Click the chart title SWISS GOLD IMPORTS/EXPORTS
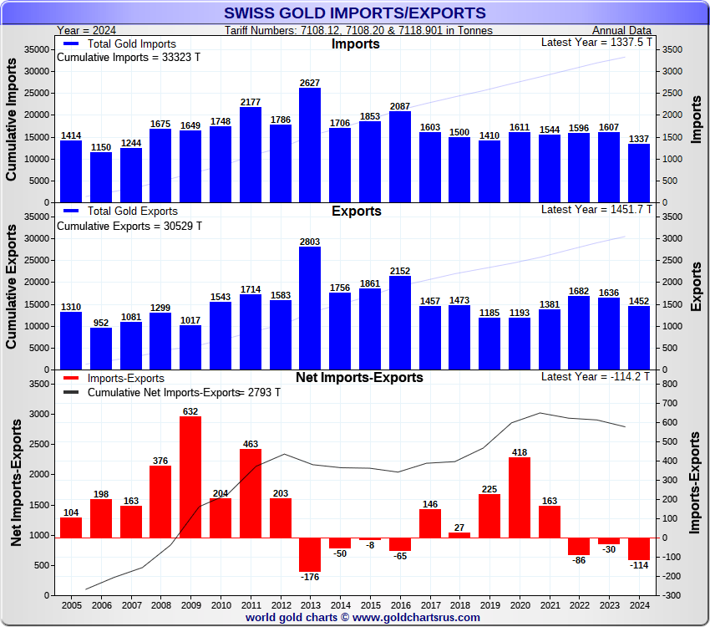[x=355, y=13]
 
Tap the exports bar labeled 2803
[x=310, y=308]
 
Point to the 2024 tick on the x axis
[x=639, y=605]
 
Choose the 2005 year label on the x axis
[x=71, y=605]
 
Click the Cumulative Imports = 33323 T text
[x=129, y=58]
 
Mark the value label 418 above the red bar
[x=520, y=452]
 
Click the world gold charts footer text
[x=363, y=618]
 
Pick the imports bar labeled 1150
[x=101, y=177]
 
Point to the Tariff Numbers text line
[x=358, y=31]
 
